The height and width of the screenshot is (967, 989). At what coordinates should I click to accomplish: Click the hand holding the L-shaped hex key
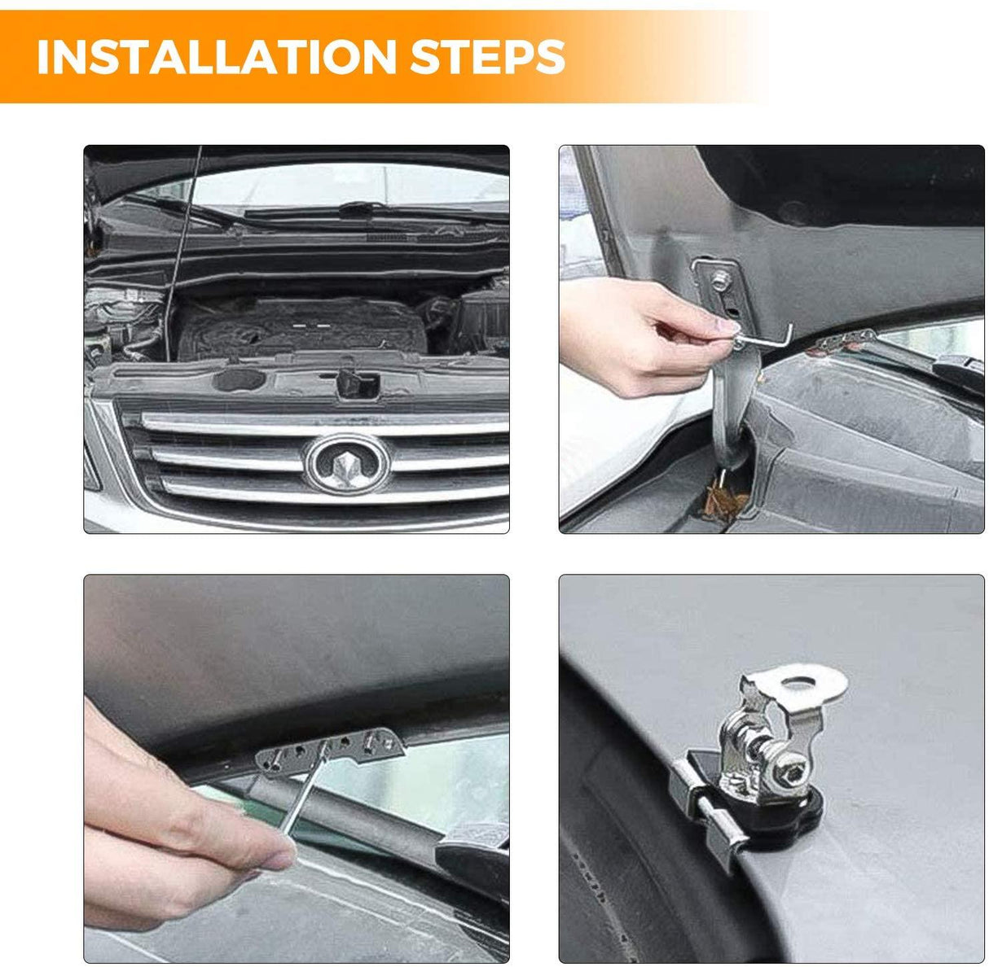635,334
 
